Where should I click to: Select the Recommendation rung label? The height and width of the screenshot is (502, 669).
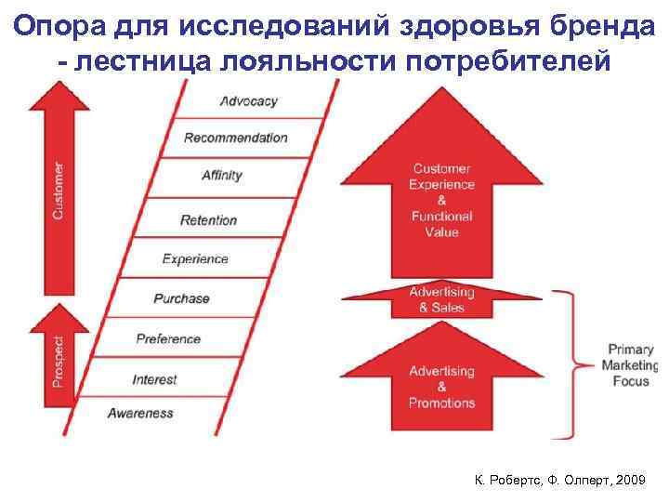[x=236, y=138]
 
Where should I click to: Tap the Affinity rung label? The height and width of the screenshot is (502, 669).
[x=222, y=175]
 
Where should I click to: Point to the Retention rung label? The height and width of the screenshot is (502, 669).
[x=209, y=220]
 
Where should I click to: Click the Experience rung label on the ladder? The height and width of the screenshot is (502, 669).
[x=195, y=259]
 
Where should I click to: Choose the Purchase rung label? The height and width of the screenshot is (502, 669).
[x=182, y=298]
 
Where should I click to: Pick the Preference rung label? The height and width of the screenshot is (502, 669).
[x=168, y=338]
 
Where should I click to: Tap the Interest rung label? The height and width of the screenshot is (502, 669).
[x=154, y=379]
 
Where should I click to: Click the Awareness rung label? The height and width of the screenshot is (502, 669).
[x=140, y=413]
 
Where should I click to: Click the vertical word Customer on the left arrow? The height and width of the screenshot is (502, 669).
[x=59, y=190]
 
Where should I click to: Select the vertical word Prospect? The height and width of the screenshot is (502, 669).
[x=59, y=362]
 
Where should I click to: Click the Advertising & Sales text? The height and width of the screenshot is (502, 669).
[x=441, y=299]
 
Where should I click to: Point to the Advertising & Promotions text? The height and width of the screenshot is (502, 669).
[x=441, y=387]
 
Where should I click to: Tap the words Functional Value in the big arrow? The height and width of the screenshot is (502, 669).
[x=441, y=224]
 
